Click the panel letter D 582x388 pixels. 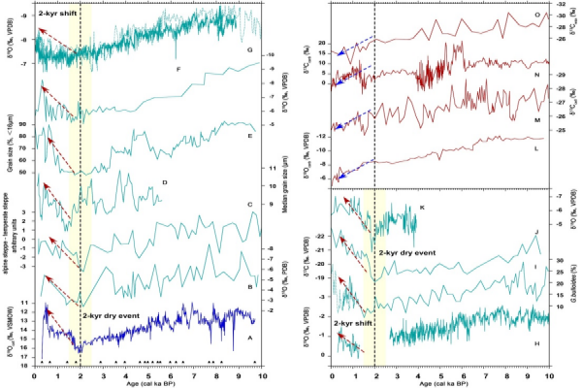click(x=165, y=182)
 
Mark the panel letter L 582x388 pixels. click(x=537, y=146)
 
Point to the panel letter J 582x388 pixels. click(x=537, y=233)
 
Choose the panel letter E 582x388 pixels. click(x=250, y=136)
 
